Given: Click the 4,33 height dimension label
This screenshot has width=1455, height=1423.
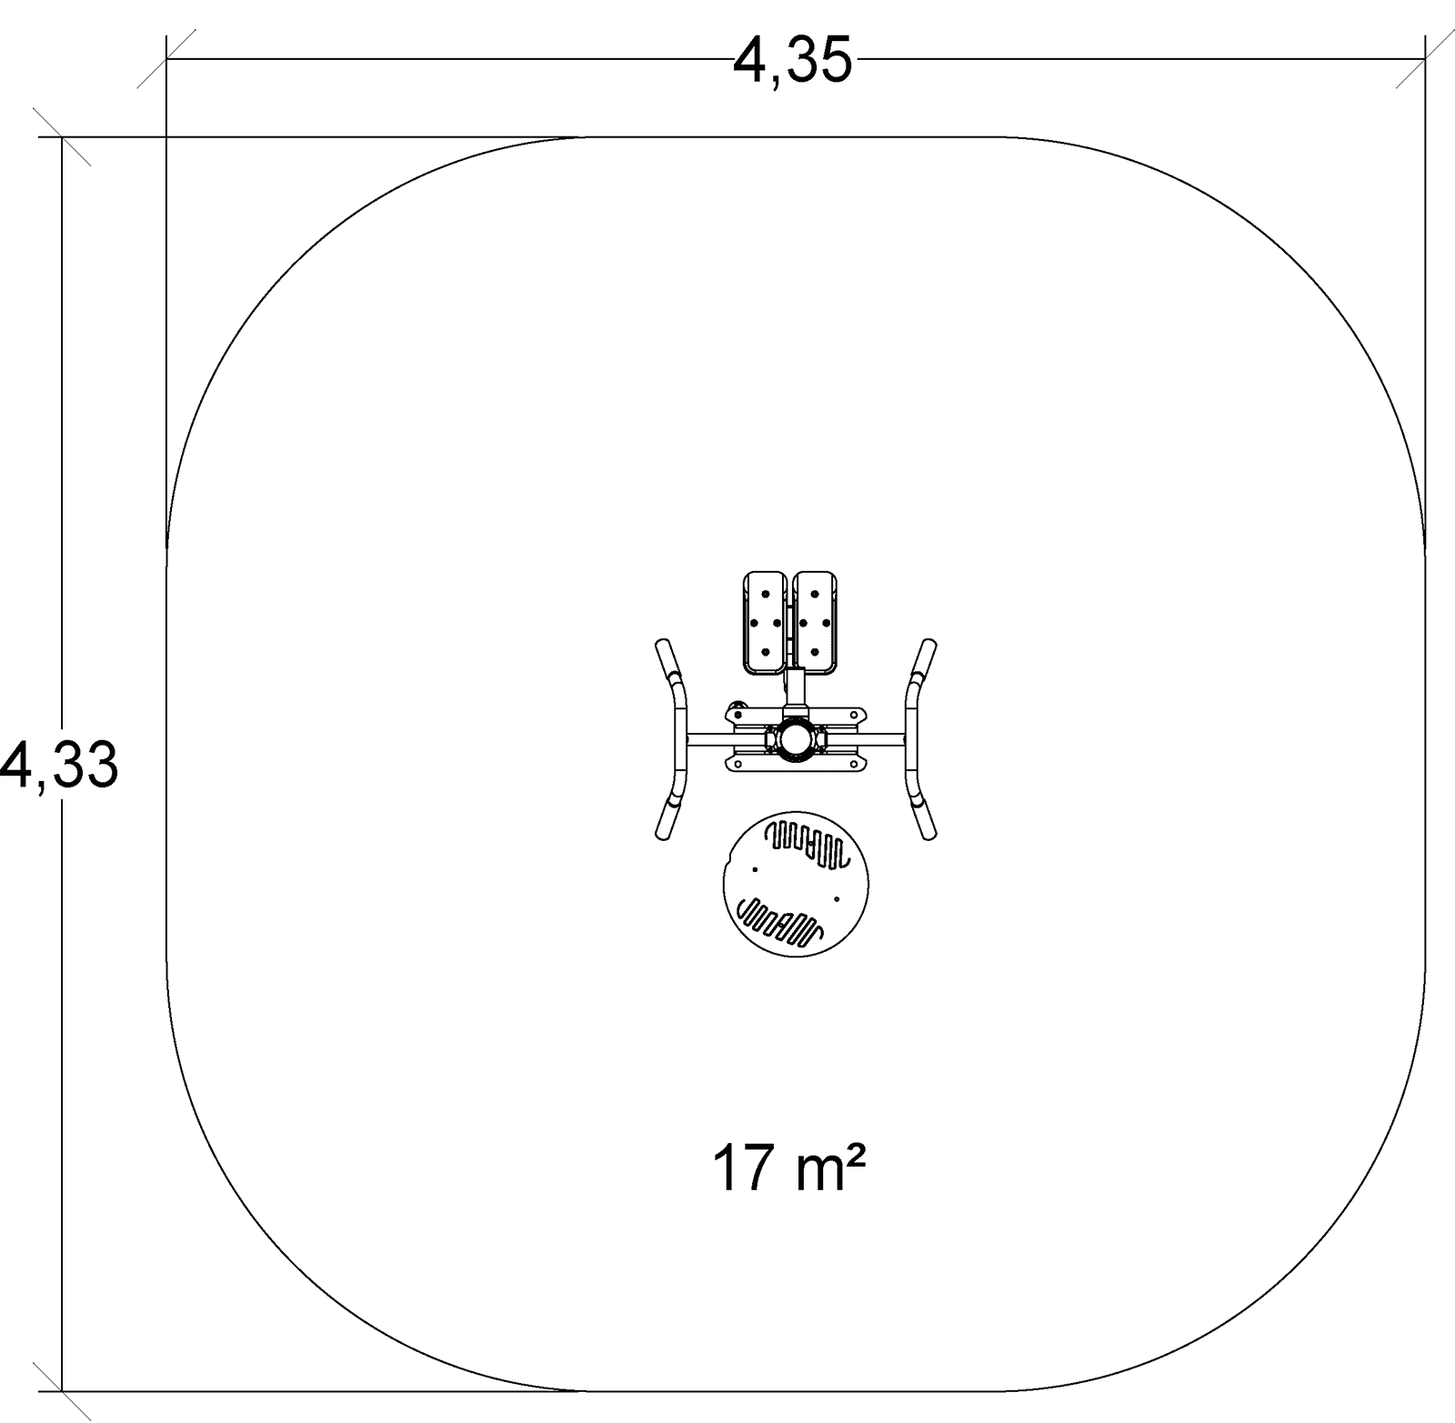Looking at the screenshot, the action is pyautogui.click(x=59, y=765).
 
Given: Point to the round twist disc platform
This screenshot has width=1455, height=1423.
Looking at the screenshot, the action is pyautogui.click(x=797, y=883).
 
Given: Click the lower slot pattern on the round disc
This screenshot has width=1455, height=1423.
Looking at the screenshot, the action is pyautogui.click(x=780, y=920).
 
